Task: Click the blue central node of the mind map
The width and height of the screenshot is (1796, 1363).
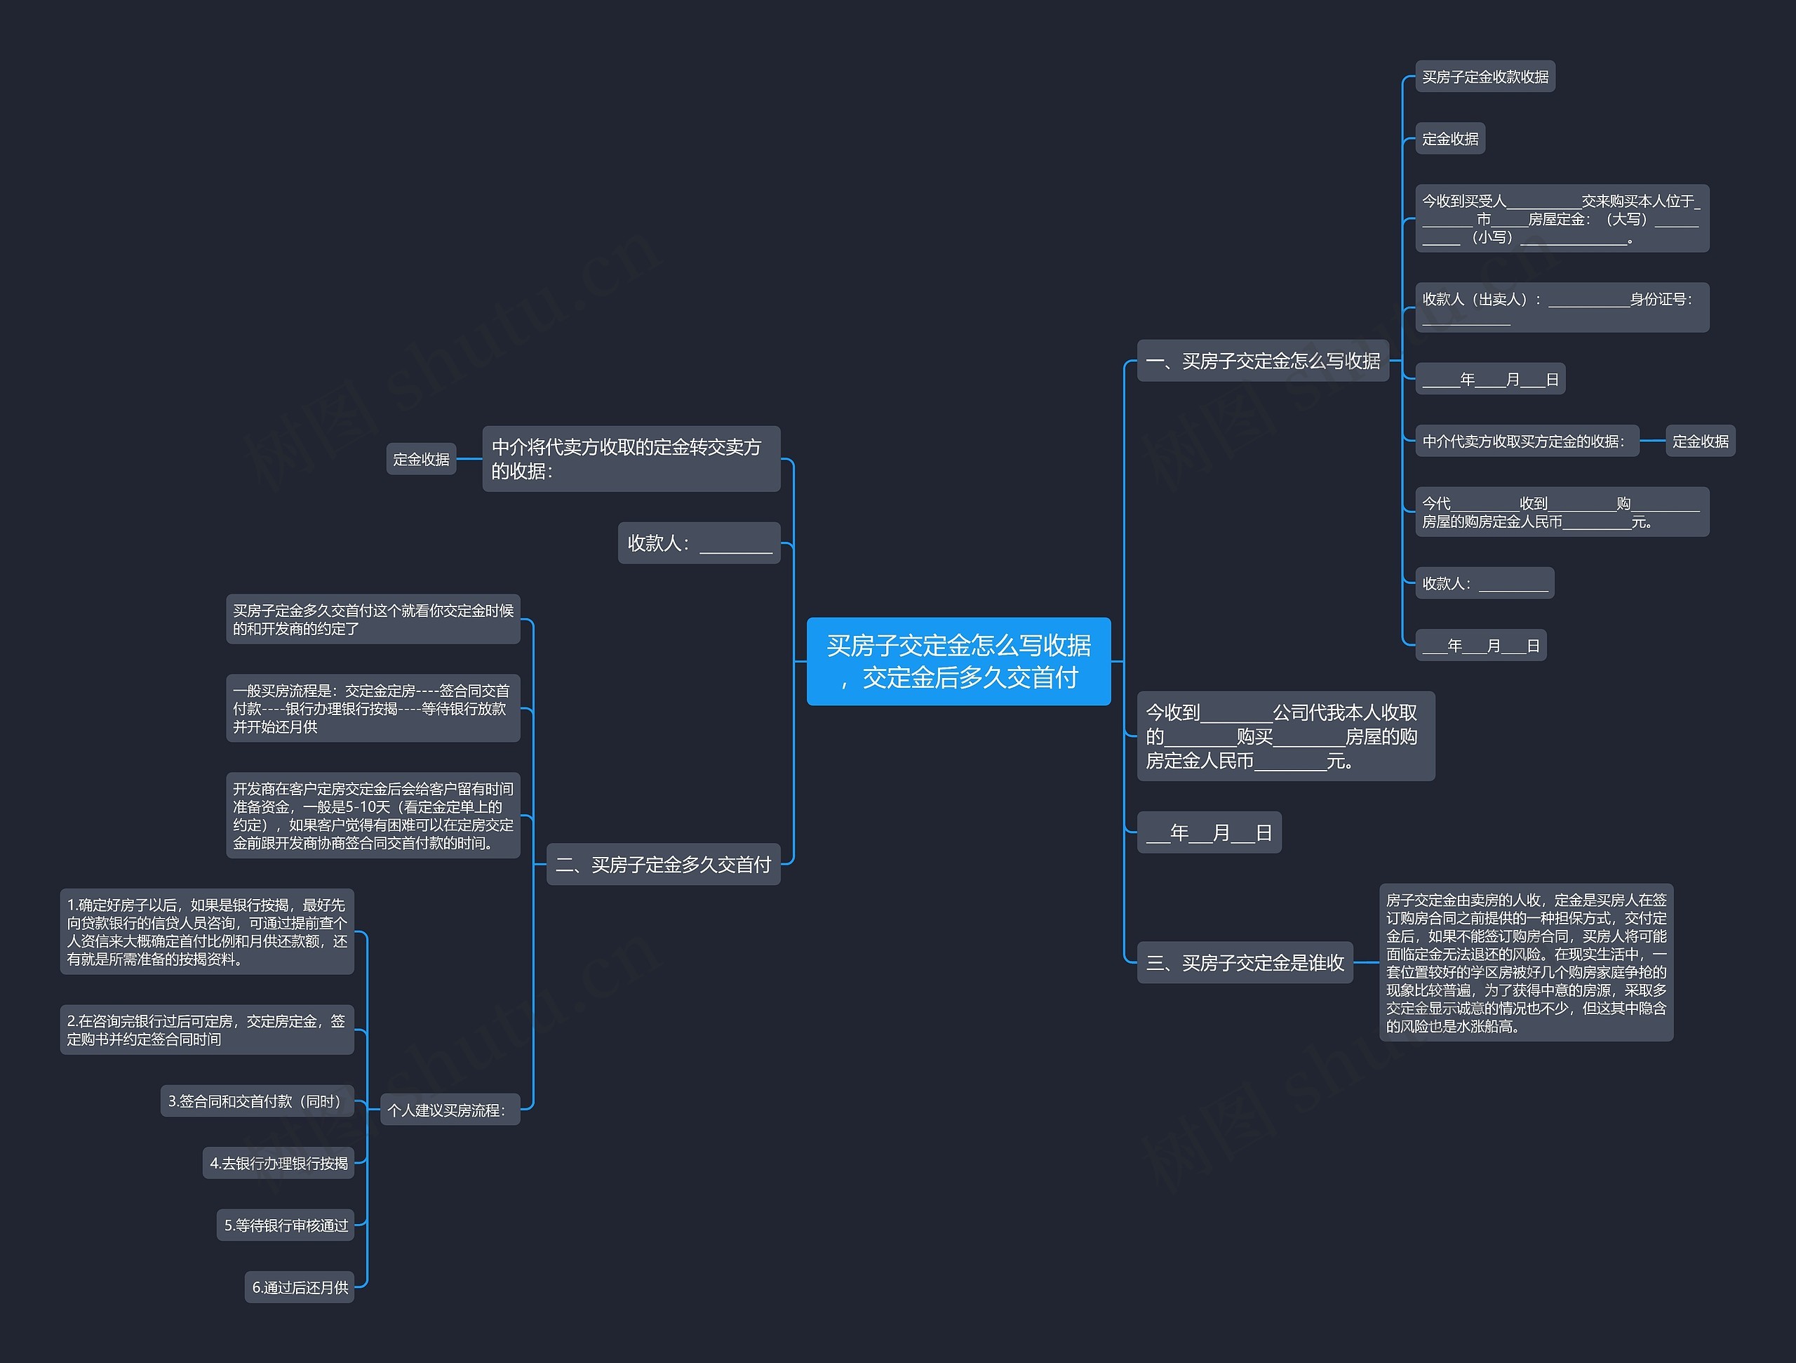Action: [x=958, y=661]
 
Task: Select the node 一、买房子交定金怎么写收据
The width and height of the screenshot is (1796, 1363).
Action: [x=1263, y=361]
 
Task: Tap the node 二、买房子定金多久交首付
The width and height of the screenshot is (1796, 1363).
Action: [x=664, y=864]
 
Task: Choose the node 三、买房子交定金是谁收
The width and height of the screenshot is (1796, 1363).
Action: [x=1245, y=962]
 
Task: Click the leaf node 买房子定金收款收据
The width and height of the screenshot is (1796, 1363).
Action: [x=1485, y=77]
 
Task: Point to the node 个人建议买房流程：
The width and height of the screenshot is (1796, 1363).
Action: [x=450, y=1110]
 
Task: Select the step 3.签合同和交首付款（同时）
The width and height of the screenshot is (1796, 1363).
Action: [x=257, y=1101]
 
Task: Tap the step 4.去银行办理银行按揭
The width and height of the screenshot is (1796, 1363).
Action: [x=279, y=1163]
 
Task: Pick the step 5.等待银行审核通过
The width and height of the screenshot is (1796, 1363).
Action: [x=286, y=1225]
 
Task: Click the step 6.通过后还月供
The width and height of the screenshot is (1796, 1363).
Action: [x=300, y=1286]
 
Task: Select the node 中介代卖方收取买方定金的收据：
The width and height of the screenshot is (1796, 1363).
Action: [x=1527, y=441]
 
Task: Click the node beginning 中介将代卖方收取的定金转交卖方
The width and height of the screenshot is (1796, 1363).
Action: [x=631, y=459]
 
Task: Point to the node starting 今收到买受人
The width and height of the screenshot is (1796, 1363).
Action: [x=1562, y=218]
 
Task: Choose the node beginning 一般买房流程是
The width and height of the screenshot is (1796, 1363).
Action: [x=373, y=708]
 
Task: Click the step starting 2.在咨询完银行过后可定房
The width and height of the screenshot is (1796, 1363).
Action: [x=207, y=1030]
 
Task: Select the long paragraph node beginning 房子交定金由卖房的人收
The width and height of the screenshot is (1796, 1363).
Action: [x=1527, y=962]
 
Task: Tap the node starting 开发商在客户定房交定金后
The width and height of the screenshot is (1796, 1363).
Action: [x=373, y=816]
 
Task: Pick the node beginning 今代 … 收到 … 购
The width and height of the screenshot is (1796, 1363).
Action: [x=1562, y=512]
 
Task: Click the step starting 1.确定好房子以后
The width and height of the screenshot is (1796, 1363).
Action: [x=207, y=931]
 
